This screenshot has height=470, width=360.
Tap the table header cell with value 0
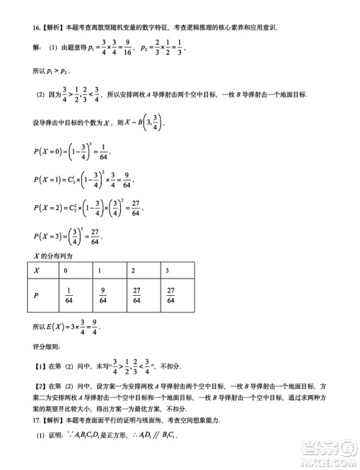[66, 271]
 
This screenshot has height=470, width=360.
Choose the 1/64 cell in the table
[69, 294]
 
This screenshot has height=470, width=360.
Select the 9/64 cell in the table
[102, 294]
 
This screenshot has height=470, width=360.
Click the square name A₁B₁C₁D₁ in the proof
[86, 435]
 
